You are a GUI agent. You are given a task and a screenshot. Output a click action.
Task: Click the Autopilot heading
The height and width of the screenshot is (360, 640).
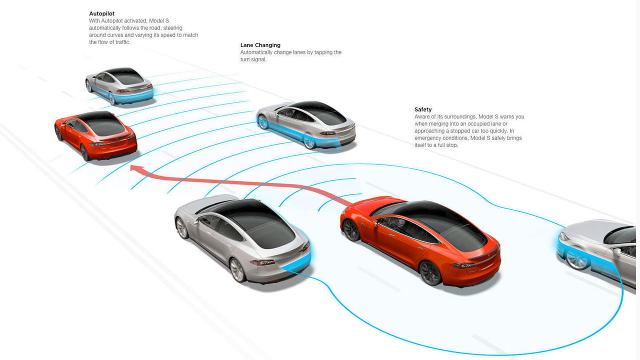(101, 13)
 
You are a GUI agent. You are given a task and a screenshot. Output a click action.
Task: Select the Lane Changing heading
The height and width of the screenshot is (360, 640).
(260, 45)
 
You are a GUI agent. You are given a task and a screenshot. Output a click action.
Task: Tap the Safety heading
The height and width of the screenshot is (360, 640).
(423, 109)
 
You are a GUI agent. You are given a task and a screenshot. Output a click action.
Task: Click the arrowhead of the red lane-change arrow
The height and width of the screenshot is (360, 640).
(136, 168)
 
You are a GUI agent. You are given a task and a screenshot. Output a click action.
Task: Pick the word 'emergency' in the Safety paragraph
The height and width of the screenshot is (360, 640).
(427, 138)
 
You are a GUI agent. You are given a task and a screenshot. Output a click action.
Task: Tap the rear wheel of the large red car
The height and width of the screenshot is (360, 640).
(430, 273)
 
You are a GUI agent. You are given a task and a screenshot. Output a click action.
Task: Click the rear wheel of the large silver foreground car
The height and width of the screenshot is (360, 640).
(237, 270)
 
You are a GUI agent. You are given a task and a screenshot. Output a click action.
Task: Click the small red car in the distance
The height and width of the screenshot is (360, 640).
(95, 136)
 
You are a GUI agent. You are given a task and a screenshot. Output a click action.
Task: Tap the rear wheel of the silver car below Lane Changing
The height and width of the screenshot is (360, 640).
(309, 141)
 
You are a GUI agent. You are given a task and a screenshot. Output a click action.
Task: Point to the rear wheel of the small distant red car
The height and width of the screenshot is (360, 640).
(84, 153)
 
